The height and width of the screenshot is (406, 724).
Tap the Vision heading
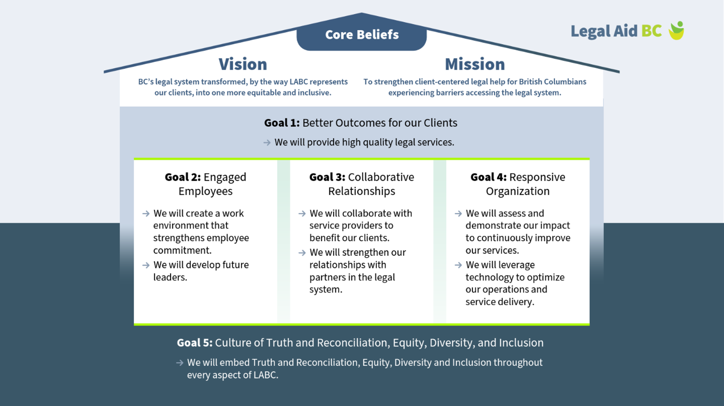pyautogui.click(x=243, y=64)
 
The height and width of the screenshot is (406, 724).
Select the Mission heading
pyautogui.click(x=475, y=64)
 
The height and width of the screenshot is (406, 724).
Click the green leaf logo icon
pyautogui.click(x=677, y=30)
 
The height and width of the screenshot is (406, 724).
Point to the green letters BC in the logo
pyautogui.click(x=651, y=31)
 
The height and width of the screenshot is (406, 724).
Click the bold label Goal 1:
pyautogui.click(x=282, y=123)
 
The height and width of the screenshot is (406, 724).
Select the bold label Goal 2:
pyautogui.click(x=183, y=177)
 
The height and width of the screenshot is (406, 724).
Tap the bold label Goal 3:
pyautogui.click(x=327, y=177)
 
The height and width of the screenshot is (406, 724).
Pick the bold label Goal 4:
pyautogui.click(x=488, y=177)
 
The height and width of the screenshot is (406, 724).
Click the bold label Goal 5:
pyautogui.click(x=195, y=343)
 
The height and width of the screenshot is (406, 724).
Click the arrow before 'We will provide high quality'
pyautogui.click(x=267, y=142)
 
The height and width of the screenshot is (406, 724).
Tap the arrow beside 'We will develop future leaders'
pyautogui.click(x=146, y=265)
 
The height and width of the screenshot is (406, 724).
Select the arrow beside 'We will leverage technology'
pyautogui.click(x=458, y=265)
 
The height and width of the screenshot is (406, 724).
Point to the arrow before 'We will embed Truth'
pyautogui.click(x=180, y=363)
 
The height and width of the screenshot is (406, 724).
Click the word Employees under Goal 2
pyautogui.click(x=205, y=192)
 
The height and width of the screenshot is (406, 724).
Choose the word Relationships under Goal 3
pyautogui.click(x=362, y=191)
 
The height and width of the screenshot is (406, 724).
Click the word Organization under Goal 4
pyautogui.click(x=518, y=192)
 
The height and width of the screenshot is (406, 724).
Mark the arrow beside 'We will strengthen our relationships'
pyautogui.click(x=302, y=253)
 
